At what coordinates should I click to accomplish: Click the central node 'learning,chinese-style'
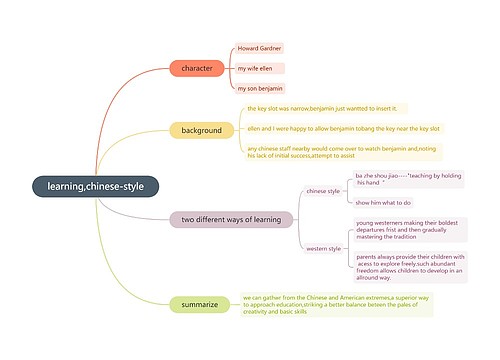(95, 187)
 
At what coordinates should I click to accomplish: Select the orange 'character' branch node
(197, 68)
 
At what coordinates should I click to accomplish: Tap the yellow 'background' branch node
(201, 130)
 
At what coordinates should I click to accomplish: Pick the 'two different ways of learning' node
(231, 219)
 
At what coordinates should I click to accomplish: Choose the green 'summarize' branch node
(200, 304)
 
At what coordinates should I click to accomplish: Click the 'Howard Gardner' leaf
(259, 48)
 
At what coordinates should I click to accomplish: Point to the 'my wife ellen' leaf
(255, 68)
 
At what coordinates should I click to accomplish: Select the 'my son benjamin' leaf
(259, 88)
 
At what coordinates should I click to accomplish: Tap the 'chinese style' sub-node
(323, 190)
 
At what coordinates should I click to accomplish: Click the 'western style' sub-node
(323, 248)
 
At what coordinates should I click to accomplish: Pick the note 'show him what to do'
(383, 203)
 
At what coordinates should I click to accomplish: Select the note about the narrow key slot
(322, 108)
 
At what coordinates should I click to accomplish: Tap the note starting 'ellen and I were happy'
(343, 128)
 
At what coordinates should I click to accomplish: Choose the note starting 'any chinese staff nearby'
(343, 151)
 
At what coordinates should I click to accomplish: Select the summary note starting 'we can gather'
(336, 304)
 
